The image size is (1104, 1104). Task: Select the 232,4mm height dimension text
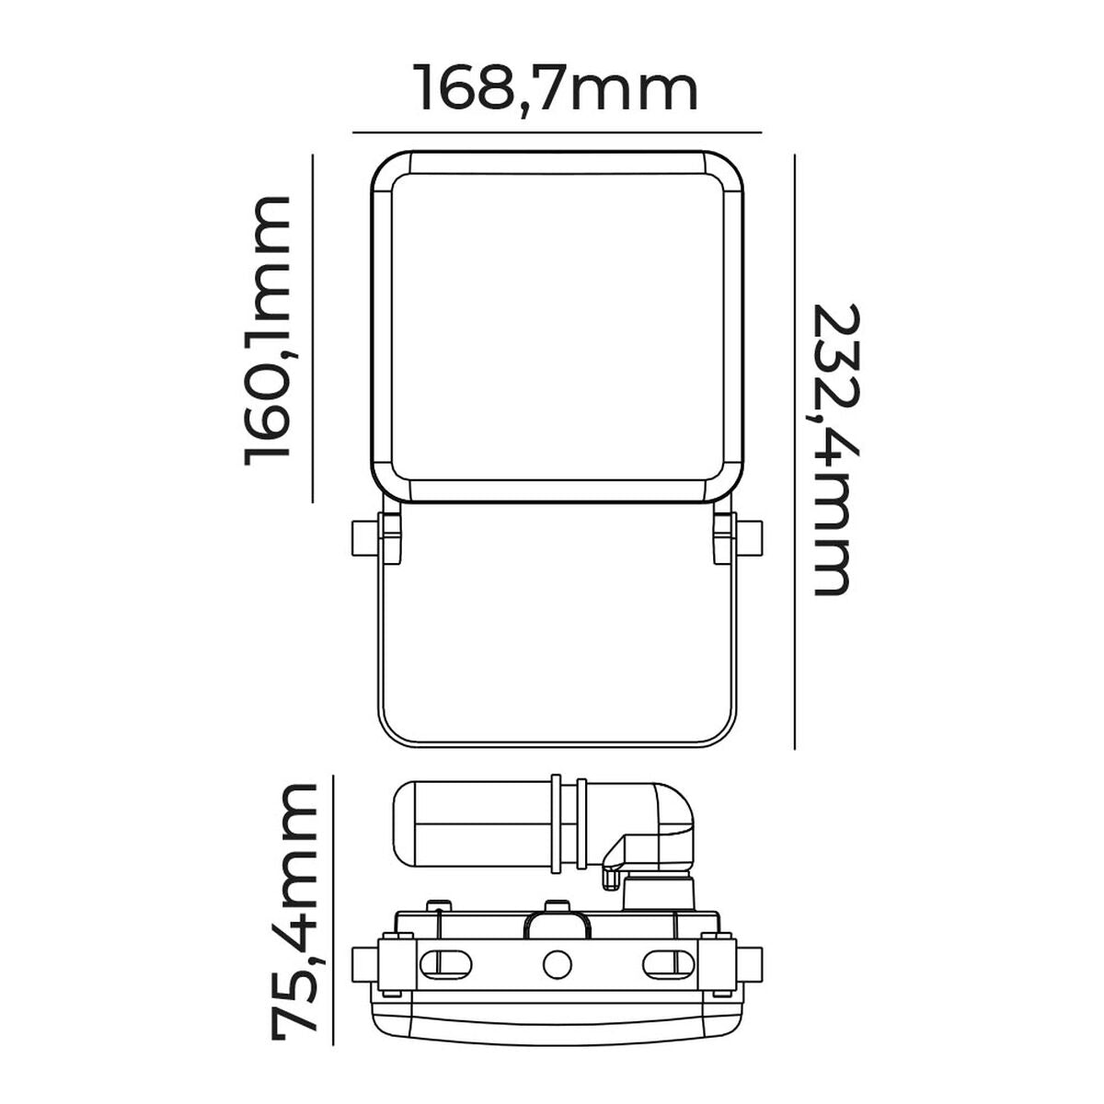click(x=833, y=448)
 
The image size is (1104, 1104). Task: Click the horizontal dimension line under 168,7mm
click(x=557, y=132)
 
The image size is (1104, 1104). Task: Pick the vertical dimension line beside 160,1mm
click(x=314, y=329)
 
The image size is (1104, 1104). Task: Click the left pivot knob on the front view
click(x=362, y=538)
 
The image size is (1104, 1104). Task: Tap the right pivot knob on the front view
click(x=751, y=538)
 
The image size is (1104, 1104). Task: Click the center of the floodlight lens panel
click(x=557, y=327)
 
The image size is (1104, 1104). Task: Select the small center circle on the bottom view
click(x=557, y=964)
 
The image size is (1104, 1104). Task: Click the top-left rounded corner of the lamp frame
click(x=386, y=171)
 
